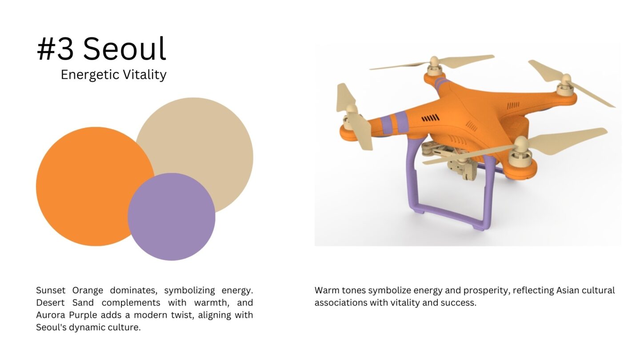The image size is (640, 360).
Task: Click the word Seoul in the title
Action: tap(124, 48)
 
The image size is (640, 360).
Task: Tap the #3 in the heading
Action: tap(55, 49)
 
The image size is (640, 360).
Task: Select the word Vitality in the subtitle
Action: tap(144, 75)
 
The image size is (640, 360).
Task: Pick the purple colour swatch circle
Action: tap(172, 216)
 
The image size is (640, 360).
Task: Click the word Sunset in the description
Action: tap(51, 290)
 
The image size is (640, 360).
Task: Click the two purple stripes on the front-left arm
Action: tap(394, 121)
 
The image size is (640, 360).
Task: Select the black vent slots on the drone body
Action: tap(430, 118)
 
